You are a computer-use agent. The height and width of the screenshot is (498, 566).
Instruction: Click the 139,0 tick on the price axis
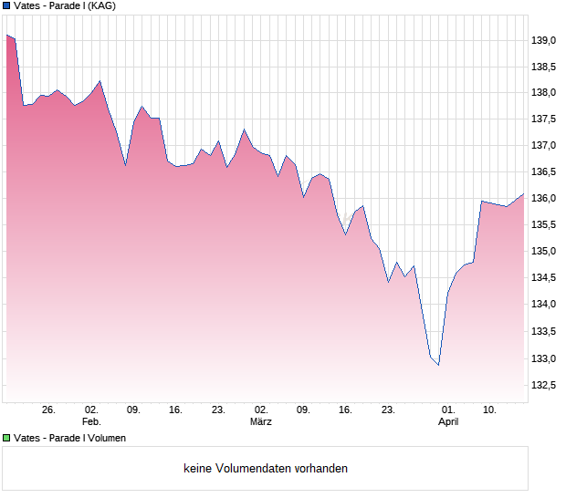coord(544,40)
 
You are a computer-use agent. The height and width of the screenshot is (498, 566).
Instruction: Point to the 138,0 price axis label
coord(544,93)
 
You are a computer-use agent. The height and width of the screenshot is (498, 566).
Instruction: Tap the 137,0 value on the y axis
coord(544,146)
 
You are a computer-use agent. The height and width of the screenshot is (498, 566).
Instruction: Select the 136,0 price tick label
coord(544,199)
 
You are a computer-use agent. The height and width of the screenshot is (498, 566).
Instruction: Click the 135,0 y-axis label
coord(544,252)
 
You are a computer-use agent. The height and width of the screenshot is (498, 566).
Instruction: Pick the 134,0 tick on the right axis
coord(544,305)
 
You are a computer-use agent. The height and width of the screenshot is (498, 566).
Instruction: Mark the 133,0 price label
coord(544,358)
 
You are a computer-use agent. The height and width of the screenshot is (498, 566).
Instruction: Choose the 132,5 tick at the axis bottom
coord(544,385)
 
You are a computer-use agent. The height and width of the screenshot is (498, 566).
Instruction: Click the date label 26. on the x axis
coord(48,410)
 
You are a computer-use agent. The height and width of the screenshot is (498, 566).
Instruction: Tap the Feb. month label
coord(91,422)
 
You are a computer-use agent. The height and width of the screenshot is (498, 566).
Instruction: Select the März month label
coord(261,422)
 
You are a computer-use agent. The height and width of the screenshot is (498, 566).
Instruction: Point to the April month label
coord(448,422)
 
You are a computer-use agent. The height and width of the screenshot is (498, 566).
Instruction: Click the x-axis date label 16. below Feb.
coord(176,410)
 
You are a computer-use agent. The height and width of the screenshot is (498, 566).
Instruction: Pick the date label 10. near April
coord(490,410)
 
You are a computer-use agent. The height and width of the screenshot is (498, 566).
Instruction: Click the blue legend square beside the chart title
coord(6,5)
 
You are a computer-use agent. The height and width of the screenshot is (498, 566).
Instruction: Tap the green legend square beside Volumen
coord(6,438)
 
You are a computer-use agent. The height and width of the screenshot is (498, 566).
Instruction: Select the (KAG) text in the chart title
coord(100,5)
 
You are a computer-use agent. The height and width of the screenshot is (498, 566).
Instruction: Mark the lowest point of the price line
coord(439,365)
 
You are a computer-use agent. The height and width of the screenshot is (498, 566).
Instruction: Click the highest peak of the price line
coord(7,35)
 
